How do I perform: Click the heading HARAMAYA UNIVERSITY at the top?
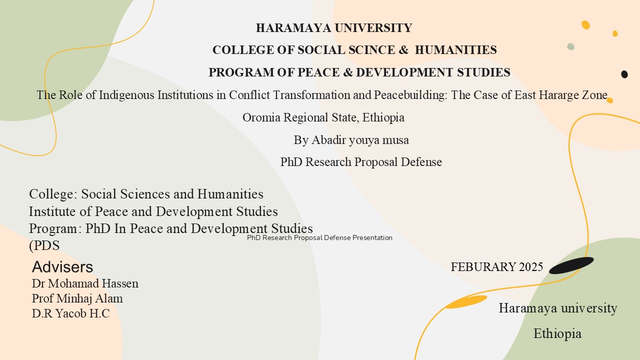coord(333,28)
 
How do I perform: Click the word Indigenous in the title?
coord(126,95)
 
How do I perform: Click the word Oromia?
coord(261,117)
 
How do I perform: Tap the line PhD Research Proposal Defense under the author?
coord(361,162)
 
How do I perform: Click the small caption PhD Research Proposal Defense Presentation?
coord(319,238)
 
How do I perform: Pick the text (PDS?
coord(44,245)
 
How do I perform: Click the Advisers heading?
coord(62,266)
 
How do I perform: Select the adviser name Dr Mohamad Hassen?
coord(85,283)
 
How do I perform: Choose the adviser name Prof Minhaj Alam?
coord(77,298)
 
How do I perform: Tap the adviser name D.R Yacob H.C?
coord(70,313)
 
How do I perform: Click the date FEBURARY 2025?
coord(496,267)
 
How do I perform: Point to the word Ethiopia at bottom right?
coord(557,333)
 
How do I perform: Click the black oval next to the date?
coord(571,265)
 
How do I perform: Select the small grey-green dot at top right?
coord(570,46)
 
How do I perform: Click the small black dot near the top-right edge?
coord(624,74)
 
